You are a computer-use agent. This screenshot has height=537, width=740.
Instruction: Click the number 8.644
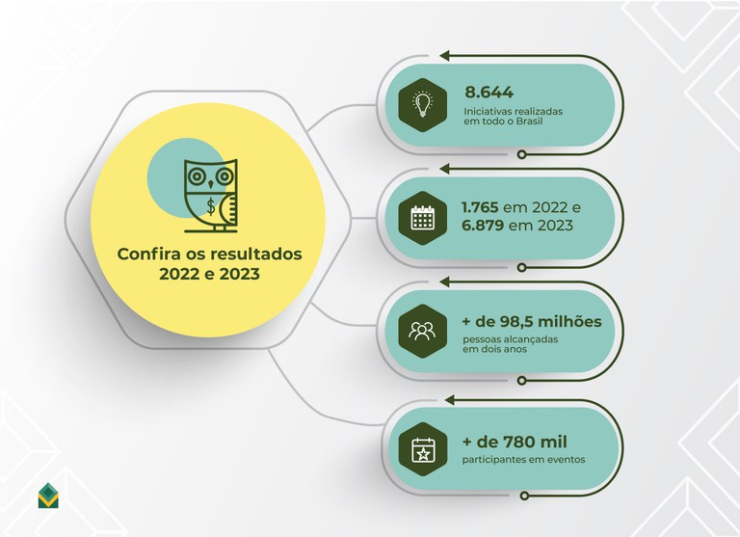coord(489,93)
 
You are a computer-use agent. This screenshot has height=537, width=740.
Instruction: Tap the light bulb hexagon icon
coord(422,105)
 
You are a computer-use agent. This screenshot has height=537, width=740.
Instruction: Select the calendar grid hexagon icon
coord(422,218)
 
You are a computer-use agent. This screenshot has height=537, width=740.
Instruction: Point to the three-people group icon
coord(422,331)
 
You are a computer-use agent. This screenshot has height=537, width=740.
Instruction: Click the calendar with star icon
coord(423,449)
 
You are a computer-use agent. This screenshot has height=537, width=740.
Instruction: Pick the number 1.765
coord(480,207)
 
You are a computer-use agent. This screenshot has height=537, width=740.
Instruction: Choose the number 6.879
coord(483,226)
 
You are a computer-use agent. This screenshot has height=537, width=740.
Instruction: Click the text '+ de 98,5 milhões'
coord(532,322)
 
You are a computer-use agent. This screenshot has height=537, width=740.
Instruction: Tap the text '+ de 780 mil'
coord(515,442)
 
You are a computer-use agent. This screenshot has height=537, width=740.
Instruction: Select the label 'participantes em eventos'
coord(524,460)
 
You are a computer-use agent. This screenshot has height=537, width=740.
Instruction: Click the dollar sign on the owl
coord(210,206)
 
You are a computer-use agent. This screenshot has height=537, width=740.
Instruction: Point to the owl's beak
coord(210,183)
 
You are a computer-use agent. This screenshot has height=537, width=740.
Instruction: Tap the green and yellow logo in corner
coord(48,496)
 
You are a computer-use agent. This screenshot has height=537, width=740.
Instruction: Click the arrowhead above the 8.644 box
coord(444,56)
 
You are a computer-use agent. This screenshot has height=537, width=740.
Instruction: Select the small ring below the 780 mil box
coord(524,496)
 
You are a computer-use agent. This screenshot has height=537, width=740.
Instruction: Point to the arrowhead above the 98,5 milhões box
coord(444,282)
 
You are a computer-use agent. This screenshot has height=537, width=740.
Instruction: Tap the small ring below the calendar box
coord(521,267)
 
